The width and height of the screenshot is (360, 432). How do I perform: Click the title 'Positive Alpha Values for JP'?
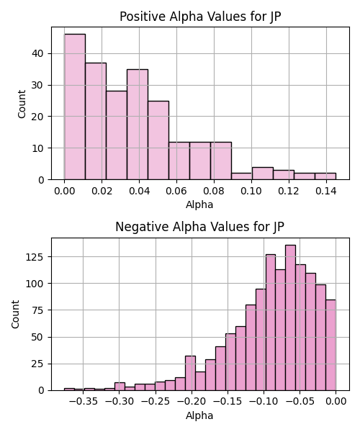pyautogui.click(x=200, y=17)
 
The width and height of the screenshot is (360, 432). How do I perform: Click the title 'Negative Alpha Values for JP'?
pyautogui.click(x=199, y=227)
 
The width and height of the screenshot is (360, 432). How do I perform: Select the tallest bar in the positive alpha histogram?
pyautogui.click(x=75, y=107)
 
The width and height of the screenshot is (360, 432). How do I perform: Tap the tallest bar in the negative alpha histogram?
pyautogui.click(x=291, y=318)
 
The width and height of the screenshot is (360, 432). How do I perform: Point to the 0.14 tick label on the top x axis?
pyautogui.click(x=326, y=191)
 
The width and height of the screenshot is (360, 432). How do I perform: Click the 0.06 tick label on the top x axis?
pyautogui.click(x=176, y=191)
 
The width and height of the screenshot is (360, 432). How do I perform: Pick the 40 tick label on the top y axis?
pyautogui.click(x=38, y=53)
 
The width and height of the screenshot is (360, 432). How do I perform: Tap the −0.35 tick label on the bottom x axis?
pyautogui.click(x=84, y=402)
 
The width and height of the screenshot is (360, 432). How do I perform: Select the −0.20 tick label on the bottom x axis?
pyautogui.click(x=192, y=402)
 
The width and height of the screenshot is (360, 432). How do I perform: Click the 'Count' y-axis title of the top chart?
pyautogui.click(x=22, y=104)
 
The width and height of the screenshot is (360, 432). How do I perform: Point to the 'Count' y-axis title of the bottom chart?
pyautogui.click(x=15, y=314)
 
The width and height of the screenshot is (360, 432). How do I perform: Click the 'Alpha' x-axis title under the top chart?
pyautogui.click(x=199, y=204)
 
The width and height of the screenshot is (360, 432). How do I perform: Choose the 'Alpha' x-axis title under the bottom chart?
pyautogui.click(x=199, y=415)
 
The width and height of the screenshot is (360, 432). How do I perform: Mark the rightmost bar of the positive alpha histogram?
pyautogui.click(x=325, y=176)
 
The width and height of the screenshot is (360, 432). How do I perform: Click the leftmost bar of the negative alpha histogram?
pyautogui.click(x=69, y=390)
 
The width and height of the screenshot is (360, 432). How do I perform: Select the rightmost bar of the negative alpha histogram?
pyautogui.click(x=330, y=345)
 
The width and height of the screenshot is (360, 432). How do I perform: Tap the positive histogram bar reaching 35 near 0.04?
pyautogui.click(x=138, y=125)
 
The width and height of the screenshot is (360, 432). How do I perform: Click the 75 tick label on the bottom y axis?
pyautogui.click(x=38, y=310)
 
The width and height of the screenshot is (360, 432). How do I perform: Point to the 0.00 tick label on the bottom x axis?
pyautogui.click(x=336, y=402)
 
